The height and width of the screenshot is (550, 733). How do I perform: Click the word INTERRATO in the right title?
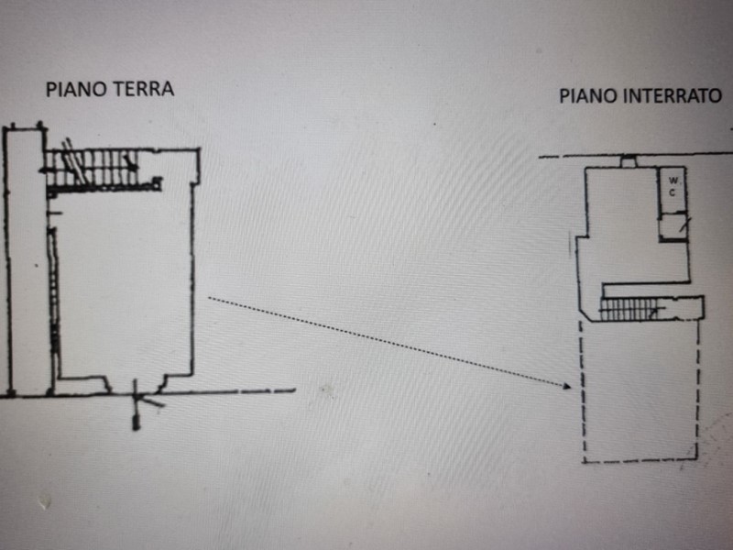point(673,95)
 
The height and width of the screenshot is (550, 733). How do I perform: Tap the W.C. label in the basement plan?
point(673,185)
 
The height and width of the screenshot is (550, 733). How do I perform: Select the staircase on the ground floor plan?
point(92,169)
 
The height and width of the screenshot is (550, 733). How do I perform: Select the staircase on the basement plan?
point(630,312)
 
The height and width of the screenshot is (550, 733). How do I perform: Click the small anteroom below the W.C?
point(675,225)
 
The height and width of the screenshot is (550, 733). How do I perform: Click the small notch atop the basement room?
point(628,162)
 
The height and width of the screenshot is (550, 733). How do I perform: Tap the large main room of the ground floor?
point(124,284)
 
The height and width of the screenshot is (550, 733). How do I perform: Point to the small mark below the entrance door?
point(136,423)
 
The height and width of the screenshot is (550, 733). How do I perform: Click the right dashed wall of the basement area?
point(698,385)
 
